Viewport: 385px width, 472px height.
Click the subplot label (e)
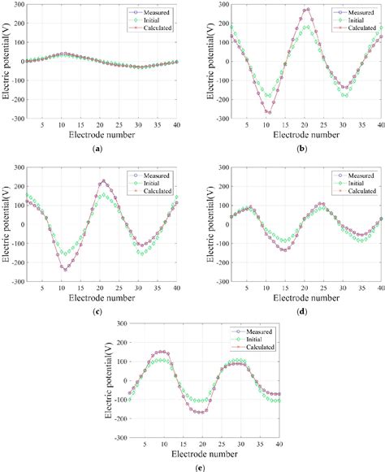pos(192,466)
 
